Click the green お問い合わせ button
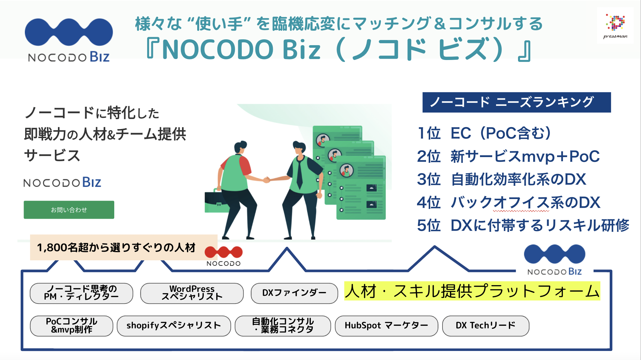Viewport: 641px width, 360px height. (x=69, y=210)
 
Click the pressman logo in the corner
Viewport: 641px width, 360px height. (x=615, y=26)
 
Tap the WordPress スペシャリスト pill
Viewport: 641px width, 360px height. (x=192, y=293)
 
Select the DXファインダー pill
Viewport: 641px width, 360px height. (x=294, y=293)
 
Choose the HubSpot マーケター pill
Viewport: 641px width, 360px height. (x=386, y=325)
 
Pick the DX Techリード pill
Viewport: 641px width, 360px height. (x=485, y=325)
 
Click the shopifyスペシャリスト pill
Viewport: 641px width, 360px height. (x=174, y=325)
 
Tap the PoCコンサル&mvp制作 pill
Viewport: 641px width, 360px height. (x=72, y=325)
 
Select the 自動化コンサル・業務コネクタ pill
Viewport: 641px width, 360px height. (x=283, y=325)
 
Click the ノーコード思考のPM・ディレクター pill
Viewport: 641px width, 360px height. (x=81, y=293)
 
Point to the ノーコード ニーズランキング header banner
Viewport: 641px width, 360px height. (x=516, y=102)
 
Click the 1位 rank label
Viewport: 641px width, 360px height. (x=429, y=133)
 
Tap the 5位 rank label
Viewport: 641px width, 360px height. (x=429, y=225)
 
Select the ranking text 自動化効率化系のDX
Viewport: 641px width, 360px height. (x=518, y=179)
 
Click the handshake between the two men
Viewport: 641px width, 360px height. (x=267, y=179)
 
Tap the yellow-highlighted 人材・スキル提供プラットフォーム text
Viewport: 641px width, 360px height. (x=472, y=291)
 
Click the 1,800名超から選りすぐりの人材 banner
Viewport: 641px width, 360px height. (x=116, y=247)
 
